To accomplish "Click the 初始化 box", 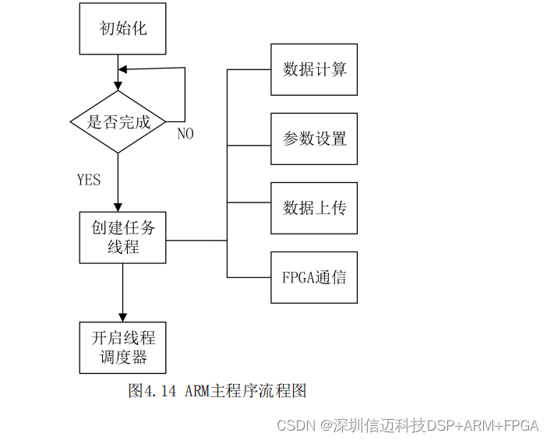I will click(x=123, y=29).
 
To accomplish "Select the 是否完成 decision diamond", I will click(x=118, y=121).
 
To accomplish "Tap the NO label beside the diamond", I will click(x=185, y=134).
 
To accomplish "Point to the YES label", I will click(x=89, y=180).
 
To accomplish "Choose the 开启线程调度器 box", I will click(x=123, y=347).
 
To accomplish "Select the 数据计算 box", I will click(x=314, y=69).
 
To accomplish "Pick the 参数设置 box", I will click(x=314, y=139).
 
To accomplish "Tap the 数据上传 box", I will click(x=314, y=208).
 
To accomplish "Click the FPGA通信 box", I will click(x=314, y=277).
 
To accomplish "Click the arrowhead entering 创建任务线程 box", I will click(x=118, y=207).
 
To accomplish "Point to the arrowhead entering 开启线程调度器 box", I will click(x=123, y=317).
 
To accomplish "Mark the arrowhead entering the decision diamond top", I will click(x=118, y=86).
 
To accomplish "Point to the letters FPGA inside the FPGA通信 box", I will click(x=299, y=277).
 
